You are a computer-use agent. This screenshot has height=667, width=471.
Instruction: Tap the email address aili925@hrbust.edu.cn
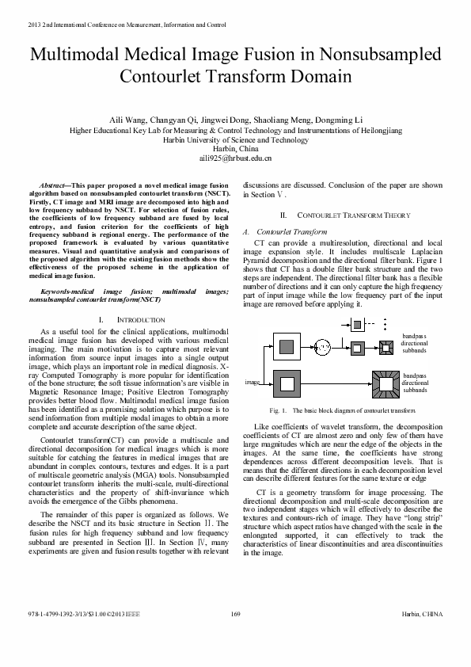tap(236, 158)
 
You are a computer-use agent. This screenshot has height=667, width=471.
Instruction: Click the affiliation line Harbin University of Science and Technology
tap(235, 139)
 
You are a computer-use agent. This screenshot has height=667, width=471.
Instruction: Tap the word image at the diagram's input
tap(253, 382)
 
